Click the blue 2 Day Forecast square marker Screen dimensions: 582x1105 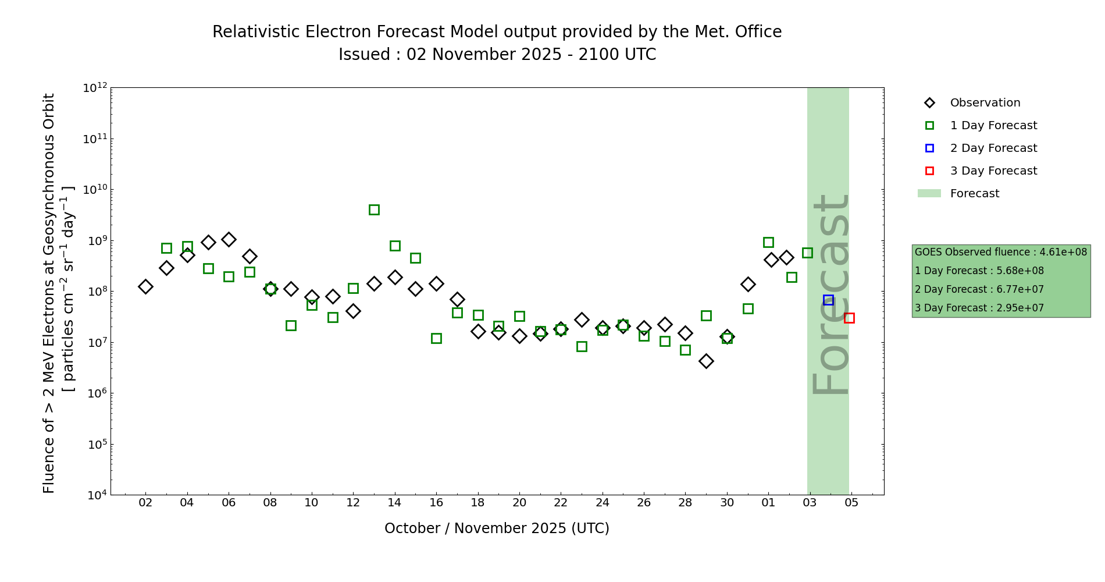coord(828,300)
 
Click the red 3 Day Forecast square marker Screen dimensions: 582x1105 coord(849,318)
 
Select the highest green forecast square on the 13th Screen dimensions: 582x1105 coord(374,210)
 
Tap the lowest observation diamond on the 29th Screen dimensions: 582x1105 coord(706,361)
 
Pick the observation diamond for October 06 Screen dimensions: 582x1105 coord(229,239)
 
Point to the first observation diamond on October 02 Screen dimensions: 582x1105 coord(145,286)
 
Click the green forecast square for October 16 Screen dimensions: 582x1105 coord(436,338)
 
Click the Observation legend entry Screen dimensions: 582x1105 coord(985,103)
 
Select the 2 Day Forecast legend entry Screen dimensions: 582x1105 coord(993,148)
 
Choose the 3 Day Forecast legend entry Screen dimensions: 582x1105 coord(993,171)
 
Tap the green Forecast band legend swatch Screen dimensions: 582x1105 coord(929,193)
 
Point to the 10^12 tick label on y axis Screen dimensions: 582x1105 coord(95,88)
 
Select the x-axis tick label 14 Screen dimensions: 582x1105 coord(394,503)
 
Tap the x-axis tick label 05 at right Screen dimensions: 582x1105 coord(851,503)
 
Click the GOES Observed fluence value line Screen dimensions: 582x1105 coord(1000,252)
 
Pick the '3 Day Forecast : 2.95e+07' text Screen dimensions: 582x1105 coord(979,308)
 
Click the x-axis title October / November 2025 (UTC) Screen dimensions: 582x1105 coord(497,528)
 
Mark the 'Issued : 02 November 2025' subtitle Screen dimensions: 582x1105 coord(497,55)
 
